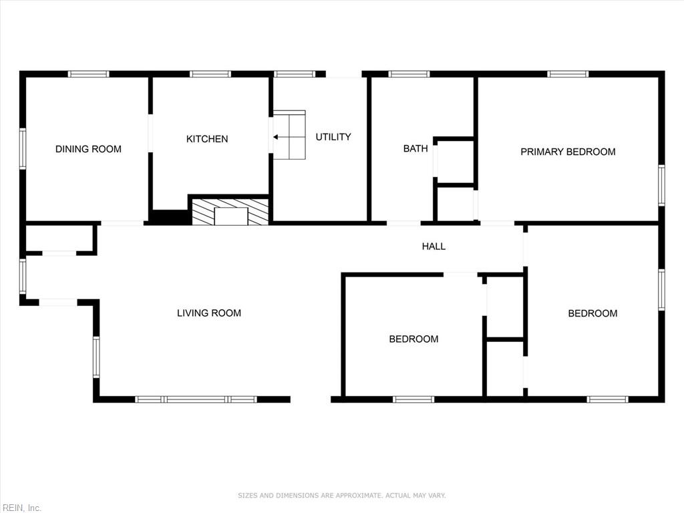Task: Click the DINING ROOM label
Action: coord(88,149)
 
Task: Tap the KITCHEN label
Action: coord(206,139)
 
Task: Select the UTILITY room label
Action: coord(333,137)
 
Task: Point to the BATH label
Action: coord(415,148)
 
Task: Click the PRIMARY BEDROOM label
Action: coord(568,152)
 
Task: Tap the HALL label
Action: coord(434,246)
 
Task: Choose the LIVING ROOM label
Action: coord(209,313)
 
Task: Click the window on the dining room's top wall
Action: coord(89,74)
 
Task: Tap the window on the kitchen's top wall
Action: coord(210,74)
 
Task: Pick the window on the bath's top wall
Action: coord(409,74)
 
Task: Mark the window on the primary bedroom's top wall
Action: coord(568,74)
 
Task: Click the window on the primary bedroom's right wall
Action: coord(661,185)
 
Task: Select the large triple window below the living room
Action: coord(196,399)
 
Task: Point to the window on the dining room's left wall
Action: coord(23,148)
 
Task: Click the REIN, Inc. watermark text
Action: coord(21,508)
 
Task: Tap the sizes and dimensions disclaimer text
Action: coord(341,496)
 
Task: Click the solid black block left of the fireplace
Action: coord(169,217)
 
